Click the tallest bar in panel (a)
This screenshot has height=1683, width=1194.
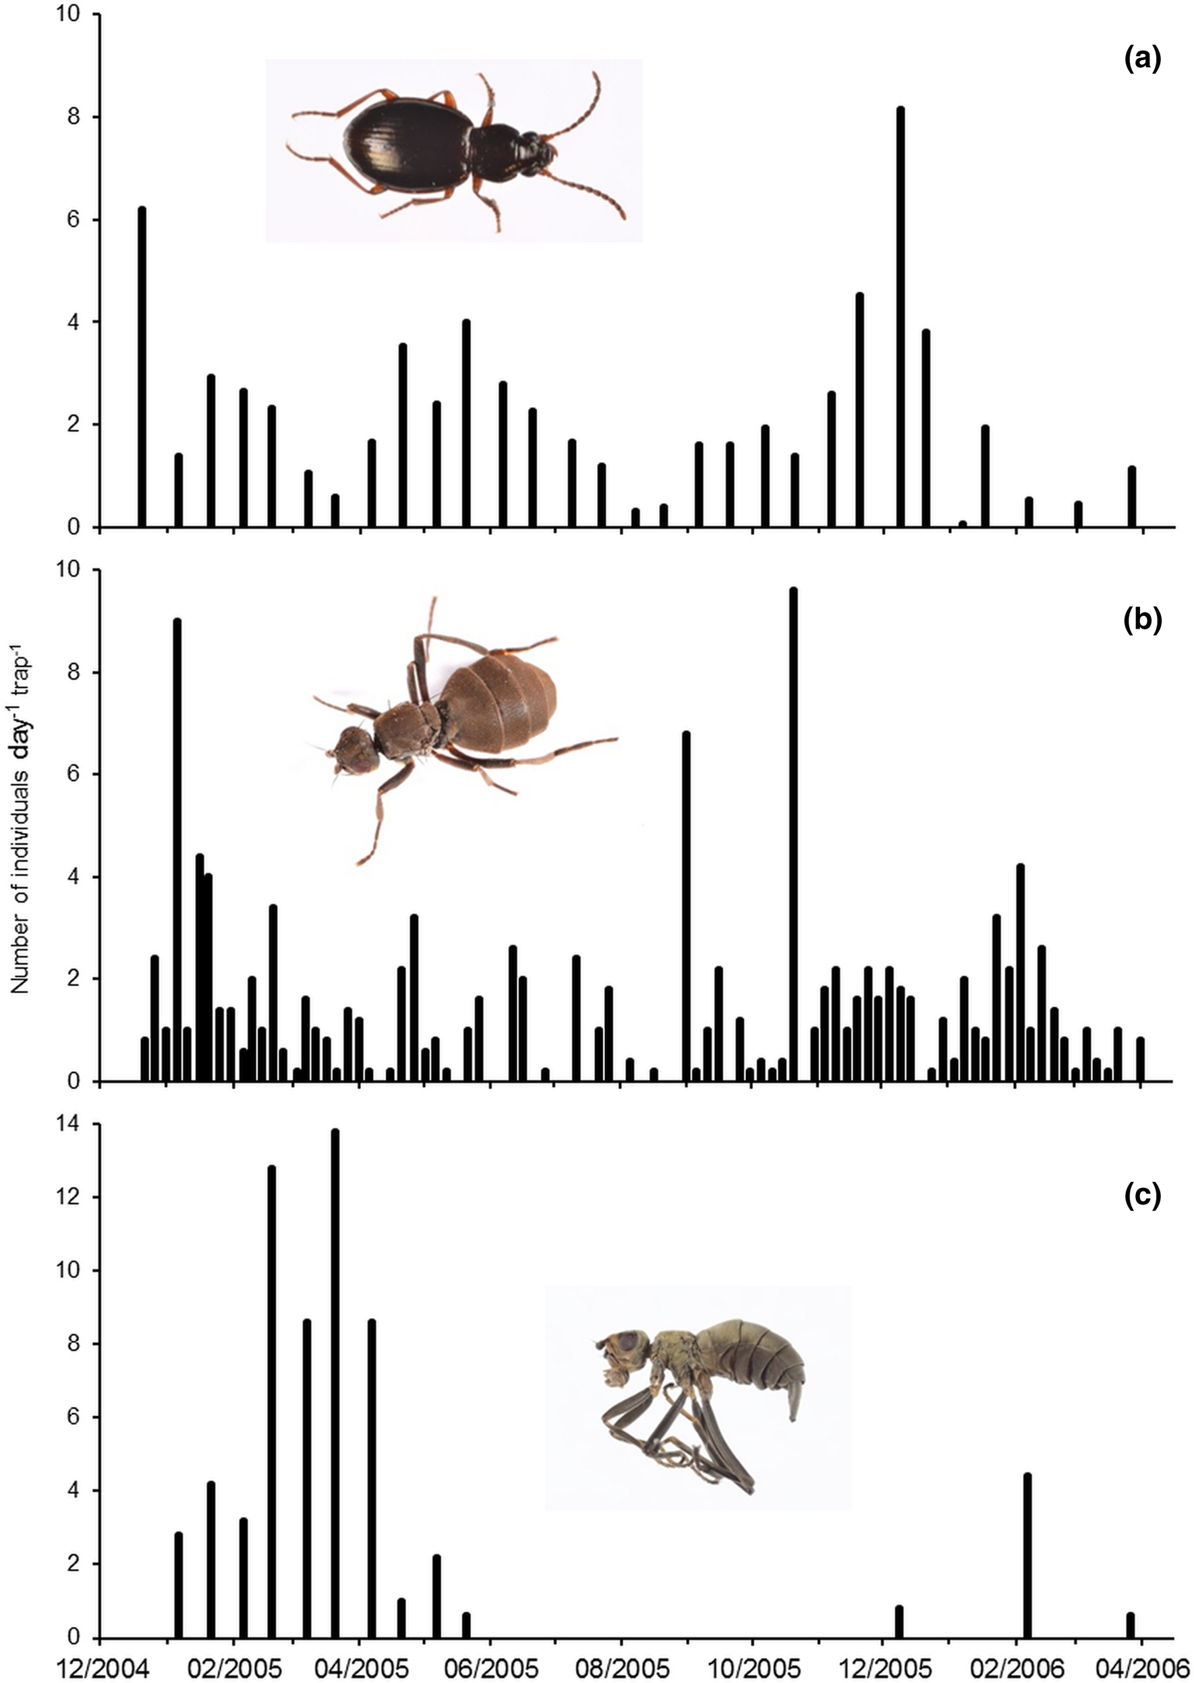900,317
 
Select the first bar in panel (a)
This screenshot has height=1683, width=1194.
142,367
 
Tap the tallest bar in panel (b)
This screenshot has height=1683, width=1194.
793,834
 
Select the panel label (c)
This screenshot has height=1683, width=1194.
1143,1196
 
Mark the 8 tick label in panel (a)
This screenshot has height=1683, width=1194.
73,117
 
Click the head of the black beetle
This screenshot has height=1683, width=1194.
535,152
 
